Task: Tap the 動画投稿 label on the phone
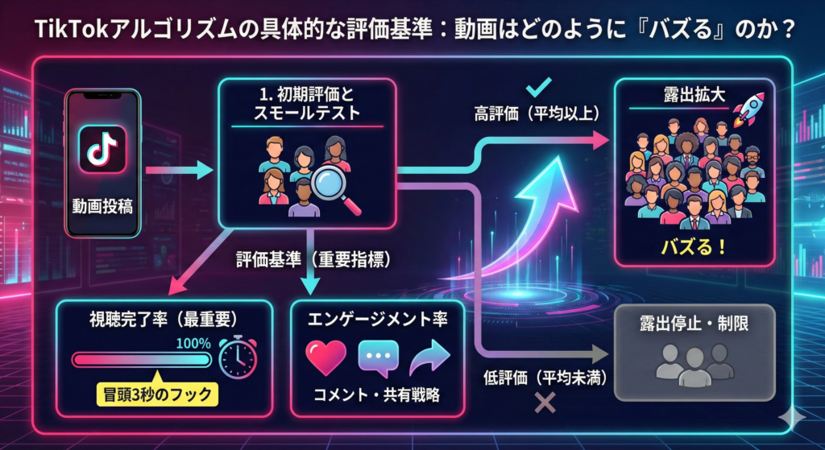[x=102, y=208]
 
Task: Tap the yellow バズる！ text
[x=693, y=246]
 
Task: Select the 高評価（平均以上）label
[x=537, y=114]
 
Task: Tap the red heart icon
[x=326, y=357]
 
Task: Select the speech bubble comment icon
[x=378, y=357]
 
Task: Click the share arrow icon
[x=429, y=357]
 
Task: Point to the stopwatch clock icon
[x=238, y=358]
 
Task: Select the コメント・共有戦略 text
[x=377, y=397]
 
